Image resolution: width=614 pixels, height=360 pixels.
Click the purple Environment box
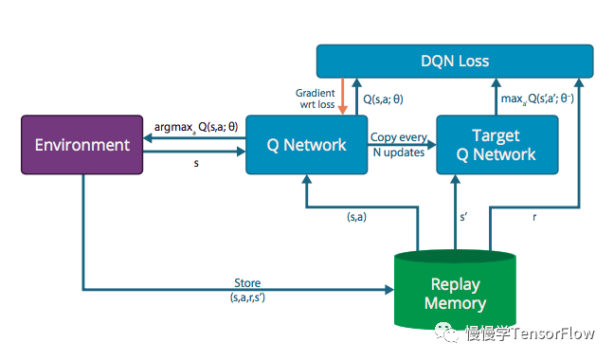(81, 145)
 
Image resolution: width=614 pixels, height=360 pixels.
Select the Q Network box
(307, 145)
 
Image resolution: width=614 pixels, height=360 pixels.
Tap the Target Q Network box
(497, 145)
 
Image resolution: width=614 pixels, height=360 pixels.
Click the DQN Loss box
(455, 62)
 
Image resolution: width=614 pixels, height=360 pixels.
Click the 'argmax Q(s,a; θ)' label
(193, 126)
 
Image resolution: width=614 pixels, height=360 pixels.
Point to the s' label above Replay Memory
(464, 218)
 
